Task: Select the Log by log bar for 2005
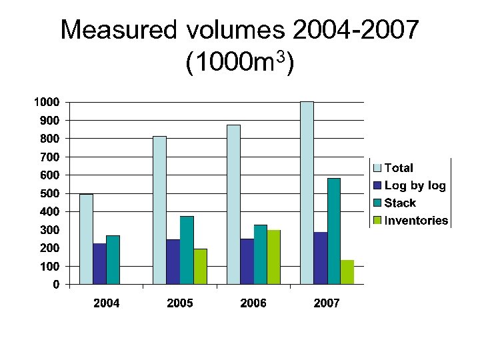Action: point(173,261)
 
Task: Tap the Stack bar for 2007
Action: point(334,231)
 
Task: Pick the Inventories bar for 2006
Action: point(274,257)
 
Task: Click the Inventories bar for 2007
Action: point(347,272)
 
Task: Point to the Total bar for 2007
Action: point(307,193)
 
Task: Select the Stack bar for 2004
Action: point(113,259)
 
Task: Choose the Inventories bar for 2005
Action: point(201,266)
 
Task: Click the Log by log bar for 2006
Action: point(247,261)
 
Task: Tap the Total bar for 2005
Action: point(159,210)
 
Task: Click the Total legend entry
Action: point(398,168)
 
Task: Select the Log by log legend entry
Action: point(414,185)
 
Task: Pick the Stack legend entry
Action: point(399,203)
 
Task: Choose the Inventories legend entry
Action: point(416,221)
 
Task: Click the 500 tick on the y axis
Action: point(51,193)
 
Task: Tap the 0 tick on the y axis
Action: point(56,284)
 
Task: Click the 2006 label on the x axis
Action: point(253,303)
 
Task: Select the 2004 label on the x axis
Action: point(107,303)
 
